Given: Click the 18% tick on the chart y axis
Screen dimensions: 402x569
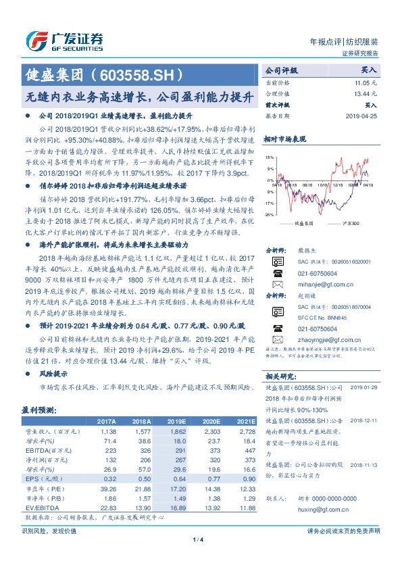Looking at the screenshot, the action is coord(270,156).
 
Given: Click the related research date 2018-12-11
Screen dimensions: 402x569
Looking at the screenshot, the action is coord(366,420).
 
